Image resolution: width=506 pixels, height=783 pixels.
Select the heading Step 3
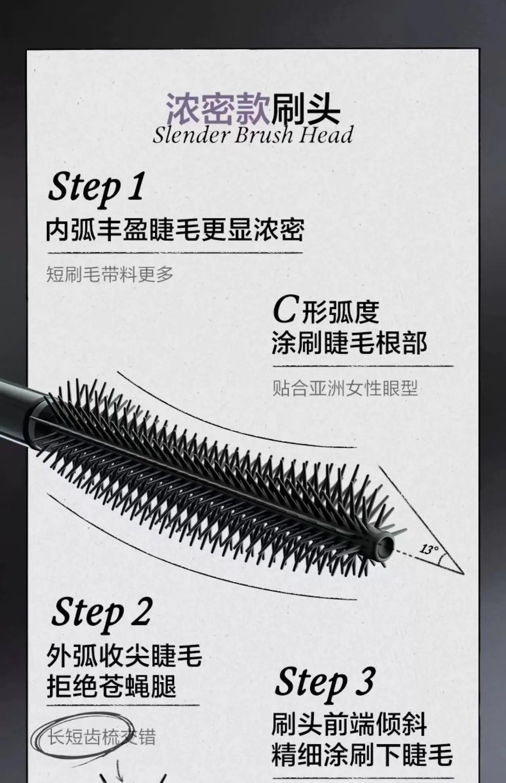(325, 683)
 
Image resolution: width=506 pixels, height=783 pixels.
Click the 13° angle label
(429, 550)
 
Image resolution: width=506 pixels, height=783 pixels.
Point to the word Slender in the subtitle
(191, 135)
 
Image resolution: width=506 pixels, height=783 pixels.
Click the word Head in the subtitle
(326, 135)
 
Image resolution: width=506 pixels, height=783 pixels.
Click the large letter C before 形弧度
(284, 311)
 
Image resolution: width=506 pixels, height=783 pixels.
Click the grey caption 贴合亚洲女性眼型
(345, 389)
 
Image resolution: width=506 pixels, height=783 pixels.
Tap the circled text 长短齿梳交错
(102, 737)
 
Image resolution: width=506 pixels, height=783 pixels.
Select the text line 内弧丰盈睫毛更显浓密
(175, 230)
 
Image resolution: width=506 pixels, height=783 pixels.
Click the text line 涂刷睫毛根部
(349, 343)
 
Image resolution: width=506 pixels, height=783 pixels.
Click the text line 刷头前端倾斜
(349, 724)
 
